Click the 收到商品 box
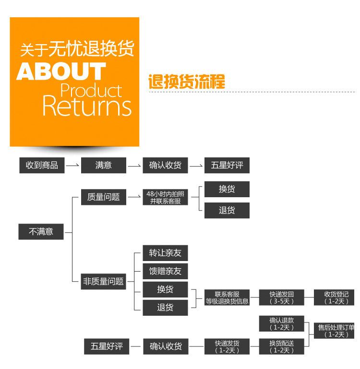42,165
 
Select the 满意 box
103,165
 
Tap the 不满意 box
41,231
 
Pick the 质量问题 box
103,197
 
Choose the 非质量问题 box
103,282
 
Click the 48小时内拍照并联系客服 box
165,197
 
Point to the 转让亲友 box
165,253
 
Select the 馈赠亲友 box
165,271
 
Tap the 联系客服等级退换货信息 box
227,298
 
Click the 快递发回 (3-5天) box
282,298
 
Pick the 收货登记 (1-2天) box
336,298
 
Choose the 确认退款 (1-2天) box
282,323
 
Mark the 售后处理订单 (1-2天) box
336,331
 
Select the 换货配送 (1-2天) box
282,346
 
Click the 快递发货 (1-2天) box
227,346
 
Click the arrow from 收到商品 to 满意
72,166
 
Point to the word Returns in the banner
87,106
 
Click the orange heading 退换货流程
187,82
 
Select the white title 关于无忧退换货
77,48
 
